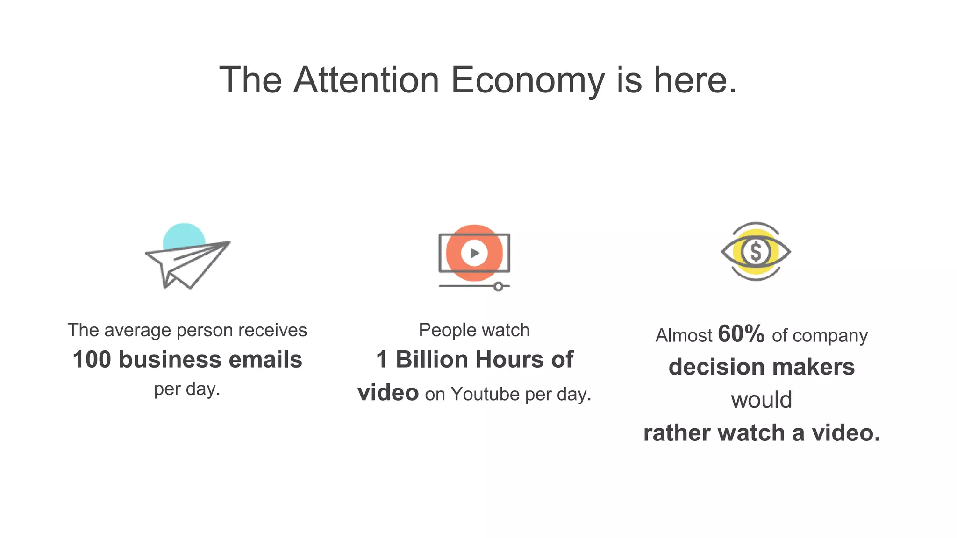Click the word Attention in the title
coord(366,80)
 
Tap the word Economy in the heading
coord(528,80)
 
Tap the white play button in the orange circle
coord(474,253)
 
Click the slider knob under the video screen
coord(499,286)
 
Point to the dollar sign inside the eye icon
coord(756,252)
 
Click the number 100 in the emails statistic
coord(92,360)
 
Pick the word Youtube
coord(485,395)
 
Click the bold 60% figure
coord(741,334)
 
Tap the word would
coord(762,400)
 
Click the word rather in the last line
coord(677,433)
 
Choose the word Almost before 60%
coord(684,336)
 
